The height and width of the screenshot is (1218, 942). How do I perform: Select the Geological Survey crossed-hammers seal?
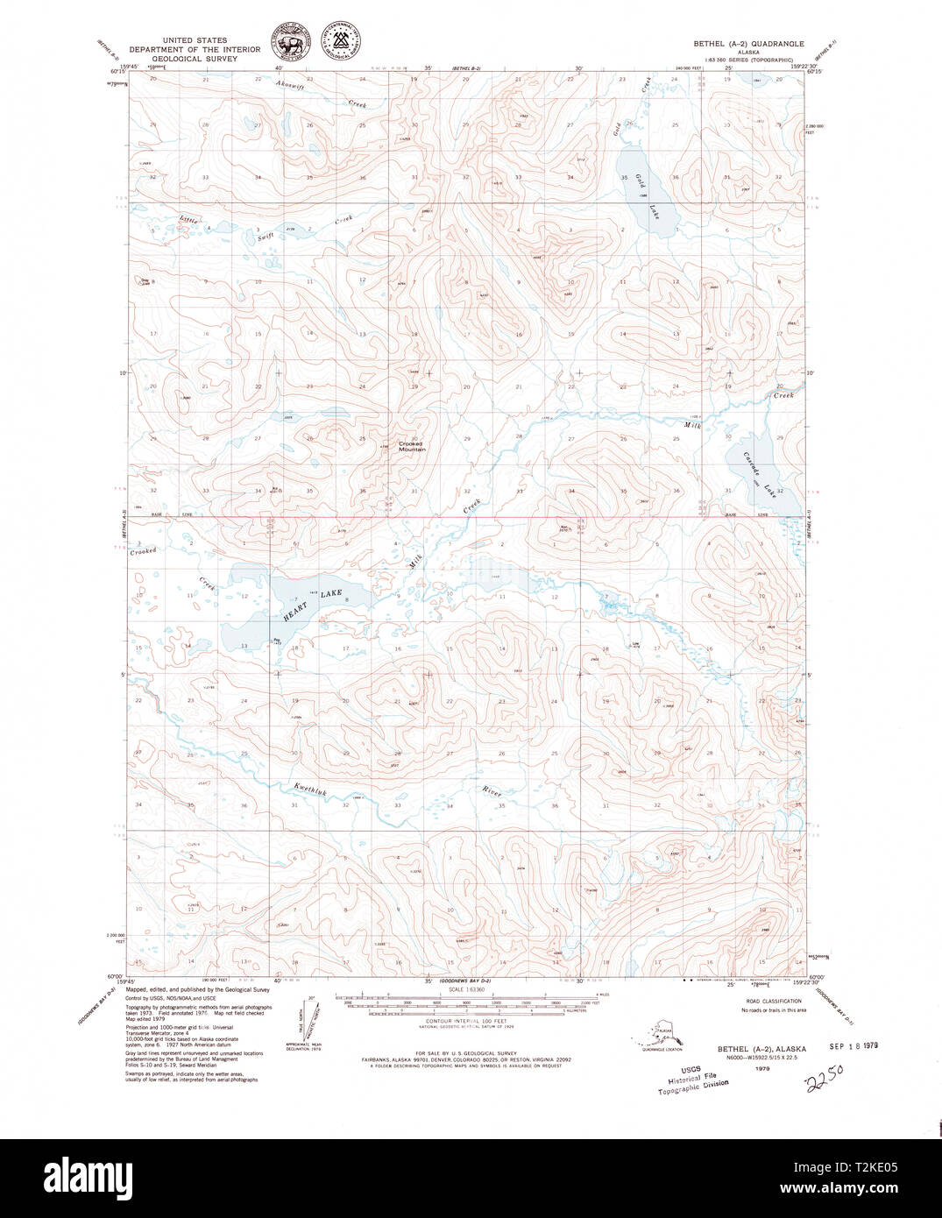(342, 42)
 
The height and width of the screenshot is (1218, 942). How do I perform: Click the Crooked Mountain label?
(411, 446)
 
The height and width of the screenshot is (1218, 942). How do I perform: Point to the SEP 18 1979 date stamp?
(853, 1046)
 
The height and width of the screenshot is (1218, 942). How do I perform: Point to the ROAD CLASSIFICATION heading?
(773, 1001)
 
